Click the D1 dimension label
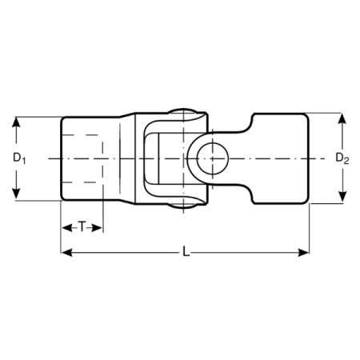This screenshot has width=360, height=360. point(19,158)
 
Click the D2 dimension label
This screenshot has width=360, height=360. point(342,158)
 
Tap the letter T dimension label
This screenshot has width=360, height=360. point(82,227)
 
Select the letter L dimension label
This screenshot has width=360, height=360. point(186,251)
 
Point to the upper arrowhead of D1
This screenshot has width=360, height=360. point(16,123)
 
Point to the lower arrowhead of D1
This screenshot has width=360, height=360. point(16,194)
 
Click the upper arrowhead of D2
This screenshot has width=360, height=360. point(342,118)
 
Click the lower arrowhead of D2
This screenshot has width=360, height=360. point(342,197)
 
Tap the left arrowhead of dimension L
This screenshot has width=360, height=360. point(66,252)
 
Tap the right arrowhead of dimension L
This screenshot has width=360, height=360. point(303,252)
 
